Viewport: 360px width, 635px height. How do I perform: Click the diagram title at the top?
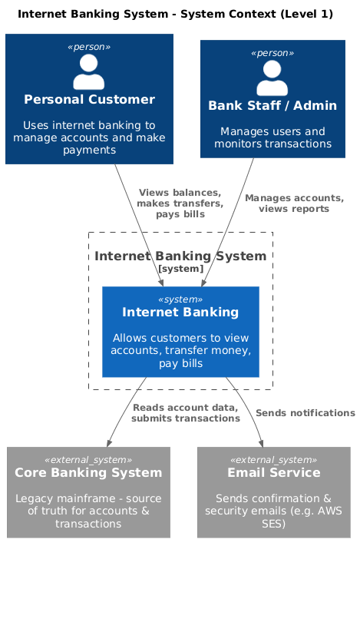(x=175, y=14)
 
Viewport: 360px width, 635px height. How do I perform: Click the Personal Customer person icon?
(x=89, y=73)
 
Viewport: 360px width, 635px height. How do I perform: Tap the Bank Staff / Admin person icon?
(x=272, y=78)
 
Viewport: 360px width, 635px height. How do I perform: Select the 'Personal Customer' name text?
(x=89, y=100)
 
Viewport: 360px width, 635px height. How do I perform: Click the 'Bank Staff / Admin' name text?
(x=272, y=105)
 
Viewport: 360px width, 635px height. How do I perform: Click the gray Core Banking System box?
(x=88, y=492)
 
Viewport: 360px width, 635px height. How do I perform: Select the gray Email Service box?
(x=274, y=492)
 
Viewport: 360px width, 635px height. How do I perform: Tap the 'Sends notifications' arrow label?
(x=305, y=413)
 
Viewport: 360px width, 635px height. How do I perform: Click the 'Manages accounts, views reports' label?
(x=294, y=203)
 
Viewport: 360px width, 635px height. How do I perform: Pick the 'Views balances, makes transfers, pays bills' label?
(x=180, y=203)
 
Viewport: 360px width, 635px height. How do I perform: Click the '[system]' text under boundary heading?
(x=180, y=269)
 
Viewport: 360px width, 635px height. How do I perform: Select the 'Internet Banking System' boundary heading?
(x=180, y=256)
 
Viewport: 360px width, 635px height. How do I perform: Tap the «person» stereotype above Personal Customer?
(x=89, y=47)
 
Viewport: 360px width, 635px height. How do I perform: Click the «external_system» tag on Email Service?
(x=274, y=459)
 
